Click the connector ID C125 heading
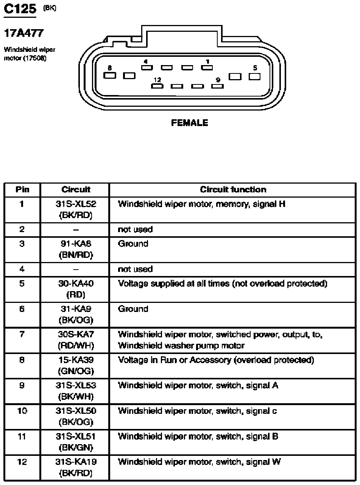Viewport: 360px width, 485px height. pos(20,9)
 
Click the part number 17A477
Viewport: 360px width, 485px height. pos(23,33)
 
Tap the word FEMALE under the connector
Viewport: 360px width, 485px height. pos(190,123)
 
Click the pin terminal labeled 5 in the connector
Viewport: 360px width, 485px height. pos(255,76)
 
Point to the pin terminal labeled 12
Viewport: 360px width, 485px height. pos(157,86)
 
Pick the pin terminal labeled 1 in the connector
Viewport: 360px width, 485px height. pos(207,68)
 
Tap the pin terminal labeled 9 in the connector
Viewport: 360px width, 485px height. pos(218,86)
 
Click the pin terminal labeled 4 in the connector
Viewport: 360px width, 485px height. pos(147,68)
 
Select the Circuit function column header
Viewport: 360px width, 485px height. pos(233,190)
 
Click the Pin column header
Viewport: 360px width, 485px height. pos(22,190)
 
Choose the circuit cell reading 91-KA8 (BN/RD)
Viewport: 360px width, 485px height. pos(76,249)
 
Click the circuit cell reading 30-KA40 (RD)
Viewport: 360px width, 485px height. pos(76,289)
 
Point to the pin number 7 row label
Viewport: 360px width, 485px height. pos(22,335)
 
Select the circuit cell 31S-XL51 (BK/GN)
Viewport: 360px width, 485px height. pos(76,442)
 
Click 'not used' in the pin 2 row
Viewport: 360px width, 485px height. pos(135,229)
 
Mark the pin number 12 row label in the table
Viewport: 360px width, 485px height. pos(22,462)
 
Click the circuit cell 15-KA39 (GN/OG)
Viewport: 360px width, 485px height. pos(76,365)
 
